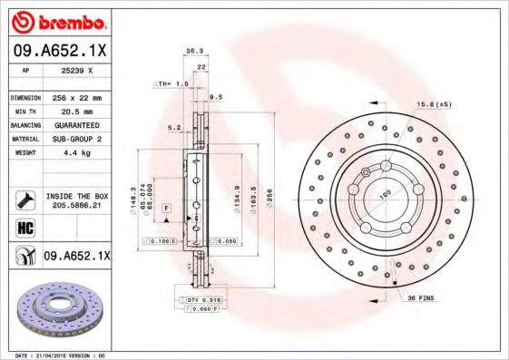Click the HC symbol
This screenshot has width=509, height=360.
[x=24, y=227]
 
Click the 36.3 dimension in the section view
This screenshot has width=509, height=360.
[x=192, y=52]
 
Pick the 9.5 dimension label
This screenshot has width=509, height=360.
[x=216, y=96]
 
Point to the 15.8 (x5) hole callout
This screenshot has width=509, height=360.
[x=434, y=105]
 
